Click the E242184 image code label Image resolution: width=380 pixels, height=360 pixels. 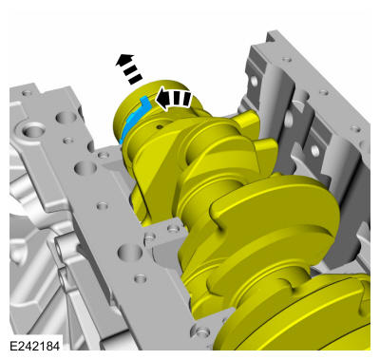35,346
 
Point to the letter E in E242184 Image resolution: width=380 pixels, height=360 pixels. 13,346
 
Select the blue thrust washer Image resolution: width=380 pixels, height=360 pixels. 135,120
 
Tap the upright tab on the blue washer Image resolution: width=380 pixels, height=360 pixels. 145,102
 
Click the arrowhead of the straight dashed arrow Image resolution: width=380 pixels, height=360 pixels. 124,60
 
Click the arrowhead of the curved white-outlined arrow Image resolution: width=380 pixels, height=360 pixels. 162,99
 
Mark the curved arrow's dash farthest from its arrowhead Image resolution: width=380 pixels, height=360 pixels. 186,99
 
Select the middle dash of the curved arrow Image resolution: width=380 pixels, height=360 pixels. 178,99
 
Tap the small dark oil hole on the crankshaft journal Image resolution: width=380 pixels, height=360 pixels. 160,127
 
